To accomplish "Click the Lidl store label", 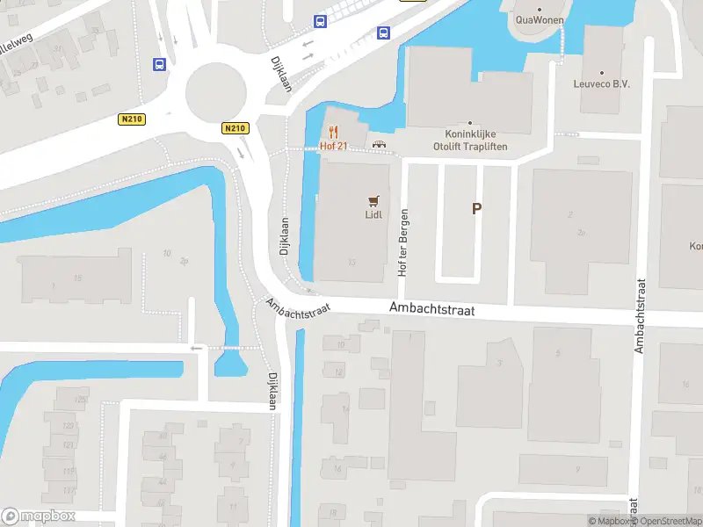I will tap(373, 214).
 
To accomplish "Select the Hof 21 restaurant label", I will tap(334, 145).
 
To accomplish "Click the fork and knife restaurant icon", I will tap(334, 133).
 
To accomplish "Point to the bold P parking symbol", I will tap(476, 209).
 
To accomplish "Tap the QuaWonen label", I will tap(540, 19).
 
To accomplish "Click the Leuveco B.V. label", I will tap(602, 84).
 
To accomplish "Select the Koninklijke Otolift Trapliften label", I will tap(470, 141).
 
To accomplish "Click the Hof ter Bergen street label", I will tap(404, 243).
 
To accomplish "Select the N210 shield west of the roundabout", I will tap(131, 119).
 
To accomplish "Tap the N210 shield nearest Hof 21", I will tap(235, 128).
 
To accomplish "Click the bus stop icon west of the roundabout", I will tap(160, 64).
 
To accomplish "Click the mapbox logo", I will tap(39, 516).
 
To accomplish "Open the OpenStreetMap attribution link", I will tap(665, 521).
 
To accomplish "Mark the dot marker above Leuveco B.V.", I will tap(602, 73).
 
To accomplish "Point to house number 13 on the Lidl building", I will tap(351, 262).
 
